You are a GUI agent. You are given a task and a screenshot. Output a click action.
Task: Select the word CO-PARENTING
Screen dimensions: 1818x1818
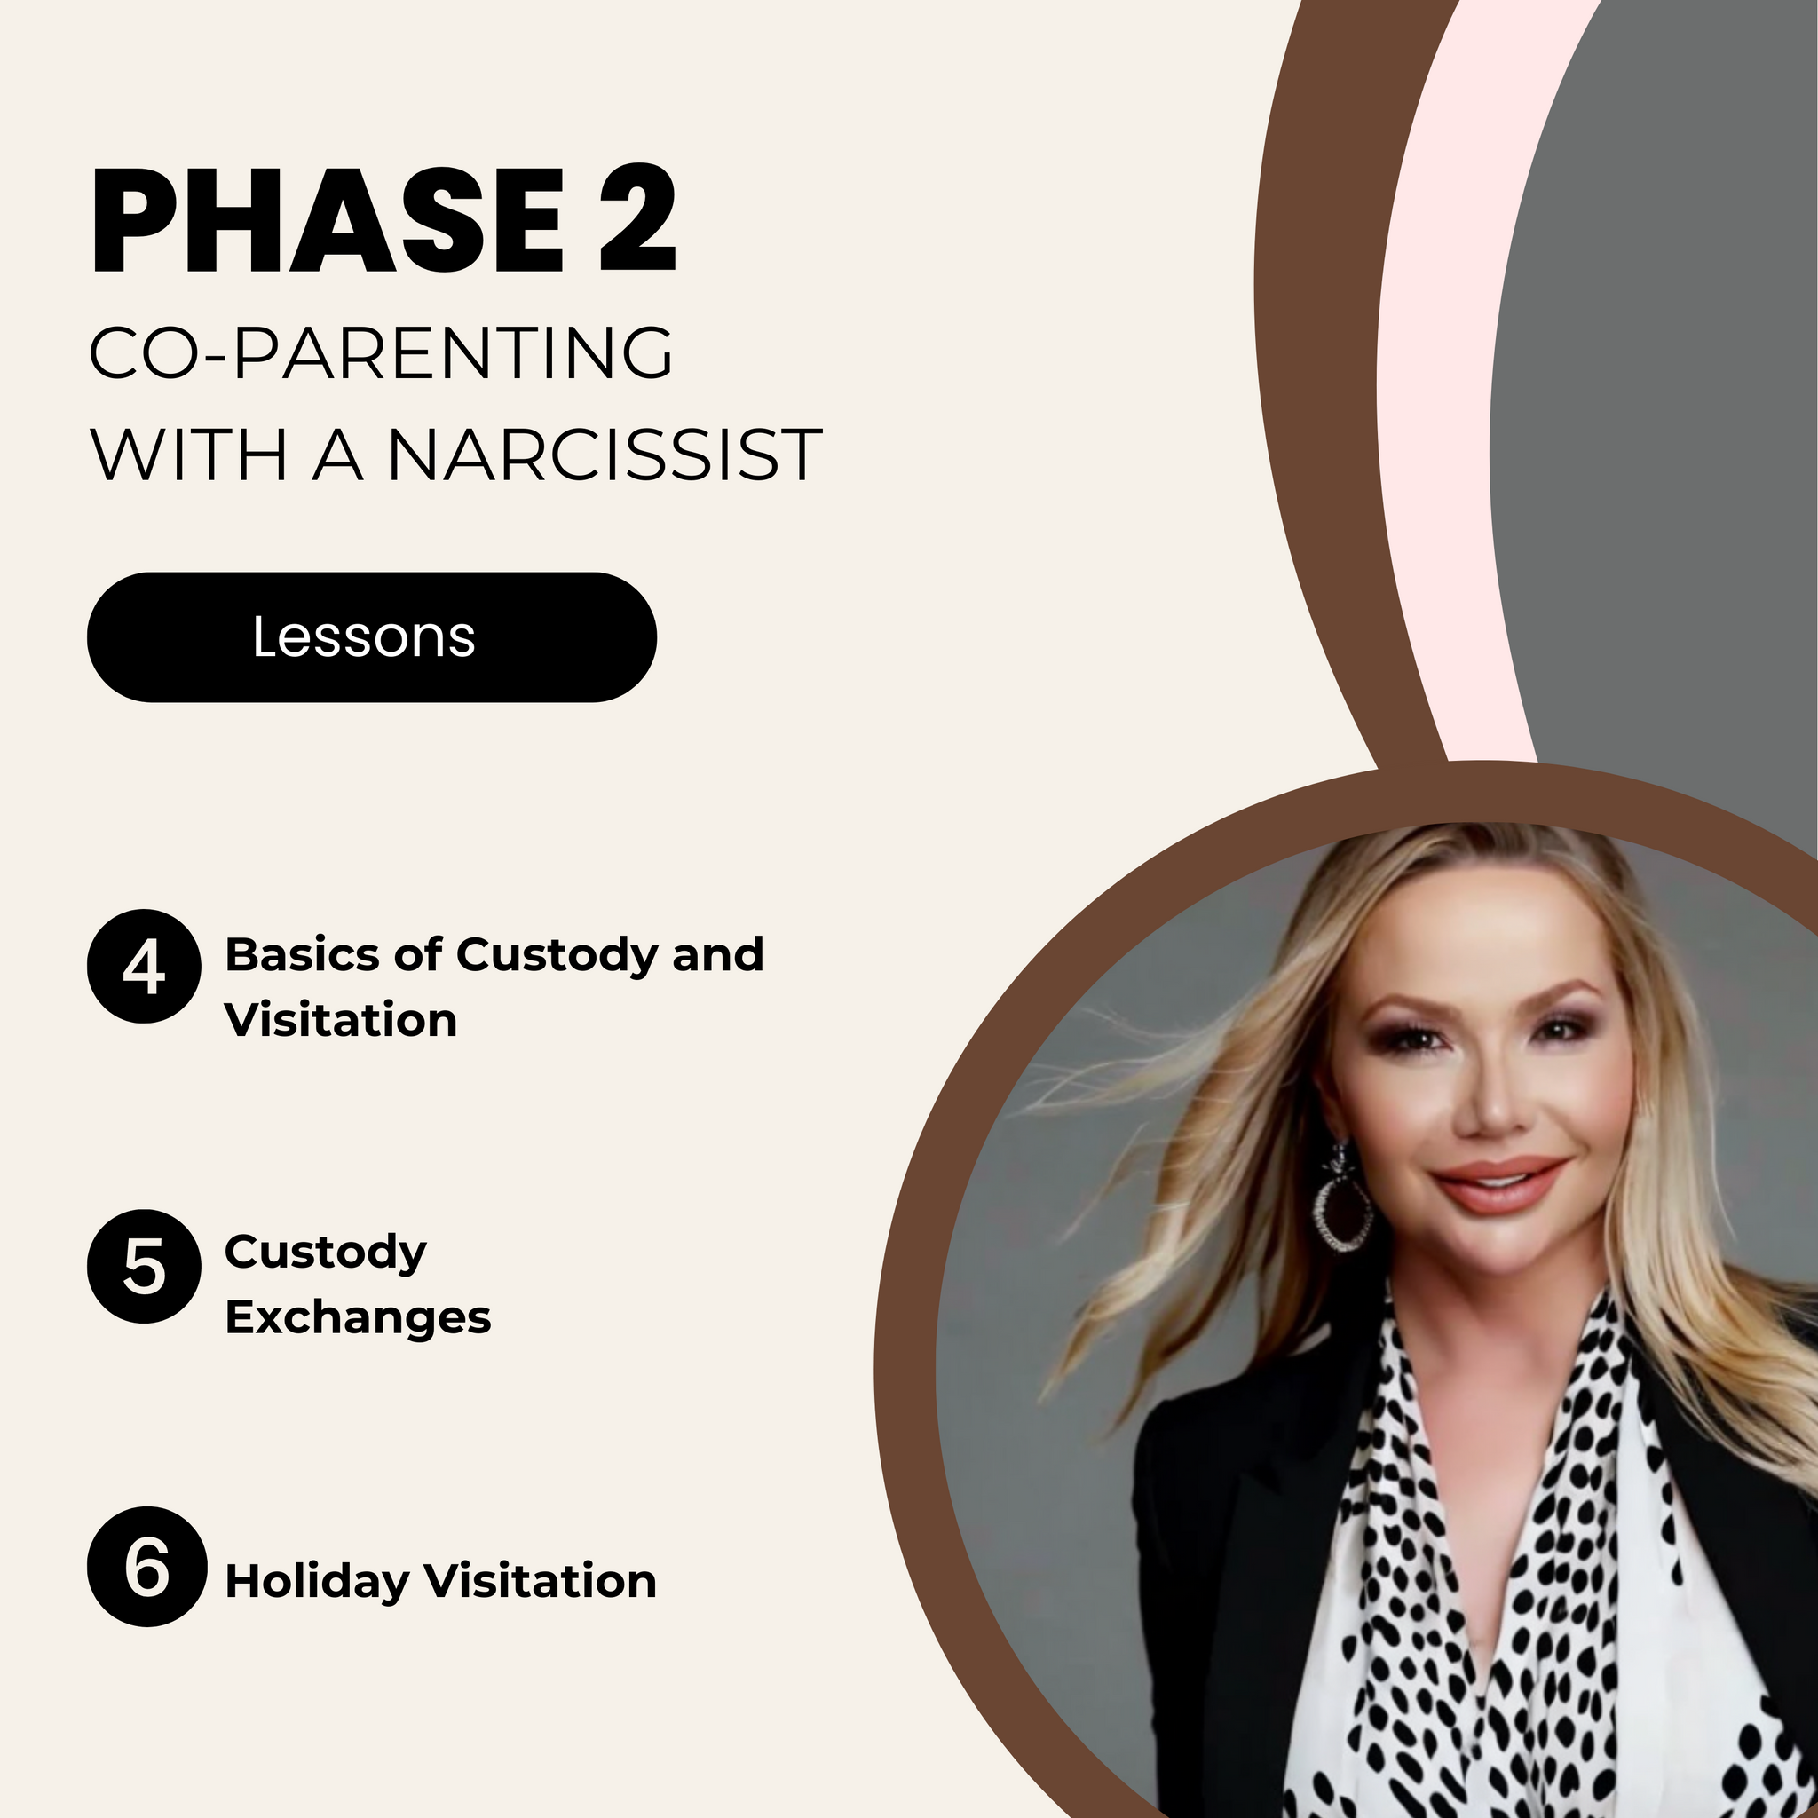(x=381, y=353)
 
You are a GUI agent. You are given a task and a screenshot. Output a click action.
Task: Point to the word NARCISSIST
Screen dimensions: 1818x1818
(x=605, y=455)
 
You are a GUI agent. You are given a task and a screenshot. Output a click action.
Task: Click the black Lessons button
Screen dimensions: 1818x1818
(x=372, y=637)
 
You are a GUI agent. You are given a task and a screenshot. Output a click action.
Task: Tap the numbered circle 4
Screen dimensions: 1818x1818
(x=144, y=967)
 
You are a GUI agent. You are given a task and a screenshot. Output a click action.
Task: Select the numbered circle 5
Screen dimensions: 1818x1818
(x=144, y=1266)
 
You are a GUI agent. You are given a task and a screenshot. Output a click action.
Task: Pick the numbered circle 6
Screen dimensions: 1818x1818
(x=146, y=1567)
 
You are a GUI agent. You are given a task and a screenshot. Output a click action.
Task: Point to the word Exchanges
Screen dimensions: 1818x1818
(x=358, y=1318)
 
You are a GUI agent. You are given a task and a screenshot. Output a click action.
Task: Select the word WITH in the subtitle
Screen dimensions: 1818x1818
(x=188, y=455)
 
